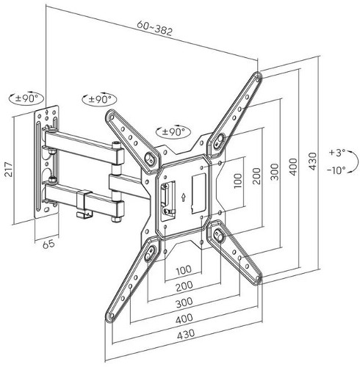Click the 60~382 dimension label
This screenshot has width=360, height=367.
155,28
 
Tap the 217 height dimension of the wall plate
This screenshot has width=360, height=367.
8,169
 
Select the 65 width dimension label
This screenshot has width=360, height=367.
48,244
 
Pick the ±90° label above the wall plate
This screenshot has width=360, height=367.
26,98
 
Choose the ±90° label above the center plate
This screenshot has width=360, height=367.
173,132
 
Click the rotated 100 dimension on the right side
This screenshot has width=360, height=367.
237,181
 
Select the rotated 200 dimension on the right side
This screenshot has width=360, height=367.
256,175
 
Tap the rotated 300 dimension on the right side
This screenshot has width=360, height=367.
275,172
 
